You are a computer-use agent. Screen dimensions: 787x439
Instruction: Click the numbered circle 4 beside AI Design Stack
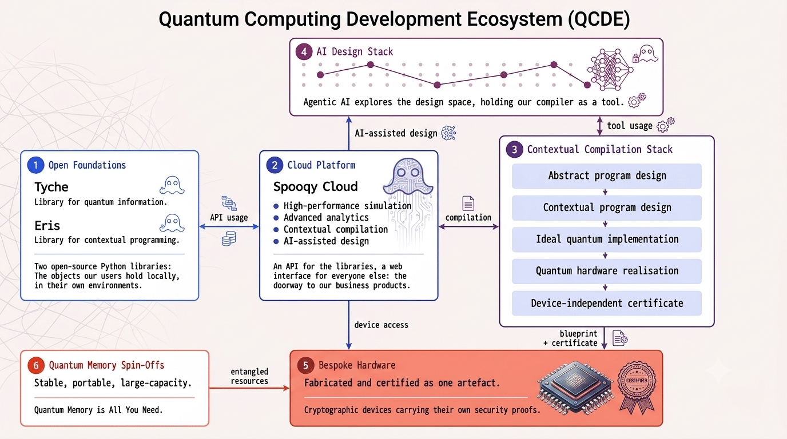(x=304, y=52)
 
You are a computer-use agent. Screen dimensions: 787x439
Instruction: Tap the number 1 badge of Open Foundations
(x=35, y=165)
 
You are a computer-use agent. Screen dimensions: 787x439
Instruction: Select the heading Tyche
(x=51, y=187)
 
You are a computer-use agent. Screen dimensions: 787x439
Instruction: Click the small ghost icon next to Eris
(x=172, y=224)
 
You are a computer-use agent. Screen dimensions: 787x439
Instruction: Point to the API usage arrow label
(x=229, y=217)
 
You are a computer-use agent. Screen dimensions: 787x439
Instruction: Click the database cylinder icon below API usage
(x=229, y=238)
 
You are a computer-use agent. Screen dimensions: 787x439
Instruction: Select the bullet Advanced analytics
(x=326, y=218)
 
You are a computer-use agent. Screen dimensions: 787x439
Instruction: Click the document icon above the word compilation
(x=468, y=203)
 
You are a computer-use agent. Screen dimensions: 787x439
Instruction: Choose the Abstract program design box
(x=607, y=176)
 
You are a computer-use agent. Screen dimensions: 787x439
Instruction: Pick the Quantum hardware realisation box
(x=607, y=271)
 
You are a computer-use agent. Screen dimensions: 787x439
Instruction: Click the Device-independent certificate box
(x=607, y=303)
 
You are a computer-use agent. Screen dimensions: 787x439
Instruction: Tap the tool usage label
(x=630, y=126)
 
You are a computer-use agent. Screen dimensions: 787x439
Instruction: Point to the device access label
(x=381, y=325)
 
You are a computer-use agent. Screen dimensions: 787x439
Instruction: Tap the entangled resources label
(x=249, y=376)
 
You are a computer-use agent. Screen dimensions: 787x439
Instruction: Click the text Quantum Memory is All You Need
(x=98, y=410)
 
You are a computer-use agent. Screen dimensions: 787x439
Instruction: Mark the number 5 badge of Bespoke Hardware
(x=305, y=365)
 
